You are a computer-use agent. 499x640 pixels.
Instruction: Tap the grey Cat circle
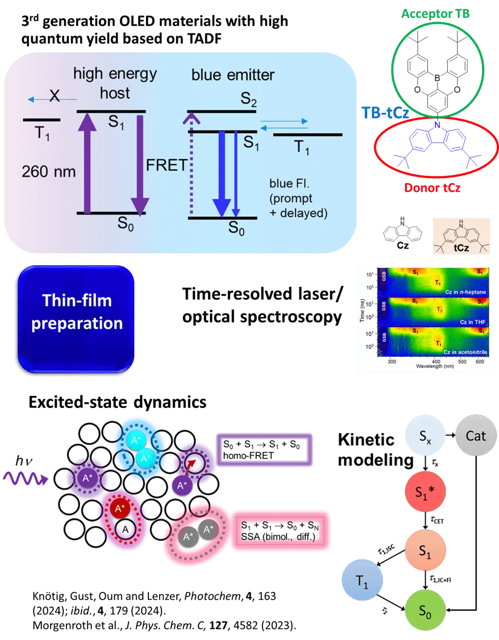click(476, 436)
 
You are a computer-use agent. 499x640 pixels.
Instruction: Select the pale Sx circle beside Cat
click(423, 436)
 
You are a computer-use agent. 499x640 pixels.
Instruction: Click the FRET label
click(167, 166)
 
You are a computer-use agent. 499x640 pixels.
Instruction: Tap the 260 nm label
click(49, 171)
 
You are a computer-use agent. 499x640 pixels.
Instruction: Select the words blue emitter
click(233, 75)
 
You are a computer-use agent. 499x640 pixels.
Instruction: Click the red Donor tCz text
click(433, 186)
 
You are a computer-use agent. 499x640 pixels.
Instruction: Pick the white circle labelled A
click(124, 529)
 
